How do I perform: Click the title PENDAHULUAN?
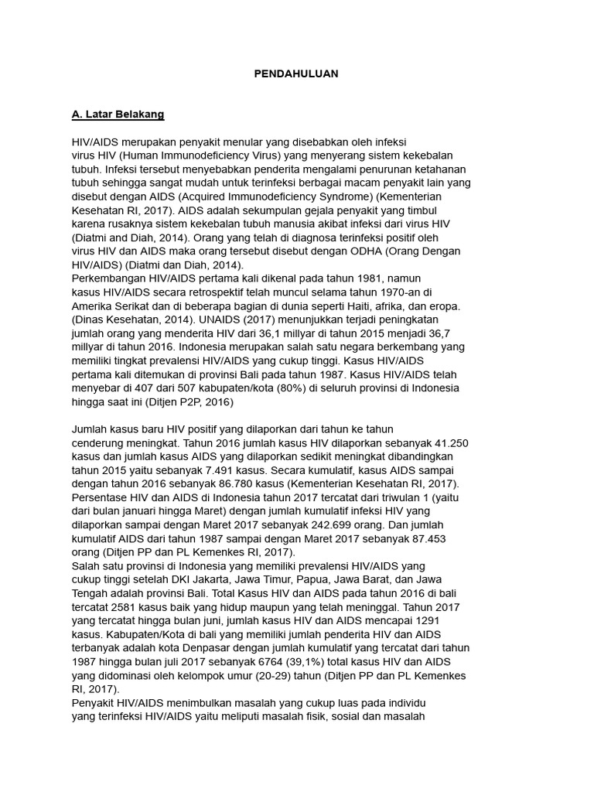(296, 74)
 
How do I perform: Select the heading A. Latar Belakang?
(118, 114)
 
